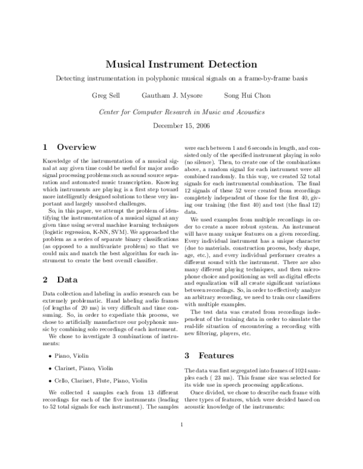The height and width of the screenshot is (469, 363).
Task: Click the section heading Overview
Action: tap(76, 146)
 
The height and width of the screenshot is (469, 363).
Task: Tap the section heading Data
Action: tap(67, 279)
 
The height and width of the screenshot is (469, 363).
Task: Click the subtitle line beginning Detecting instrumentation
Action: tap(181, 79)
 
